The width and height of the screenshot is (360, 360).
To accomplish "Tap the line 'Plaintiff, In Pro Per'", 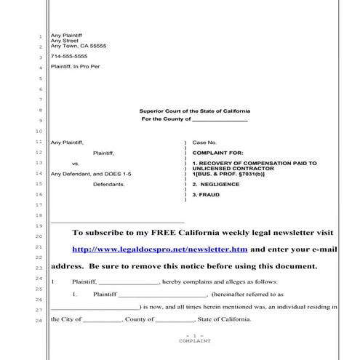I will click(x=74, y=67).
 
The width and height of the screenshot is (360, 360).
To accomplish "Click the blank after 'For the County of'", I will click(x=220, y=119).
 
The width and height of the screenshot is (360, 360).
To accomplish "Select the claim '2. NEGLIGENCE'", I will click(x=217, y=185).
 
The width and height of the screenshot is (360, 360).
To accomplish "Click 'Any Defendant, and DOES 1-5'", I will click(x=81, y=174).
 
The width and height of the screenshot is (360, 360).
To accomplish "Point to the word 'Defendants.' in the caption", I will click(x=109, y=185).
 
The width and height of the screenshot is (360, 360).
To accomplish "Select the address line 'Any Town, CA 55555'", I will click(x=78, y=46).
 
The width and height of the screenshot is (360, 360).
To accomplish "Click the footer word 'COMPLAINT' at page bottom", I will click(x=194, y=340).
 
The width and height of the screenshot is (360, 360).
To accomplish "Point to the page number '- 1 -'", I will click(x=194, y=335).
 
